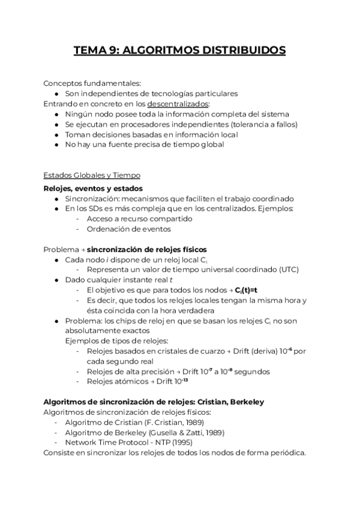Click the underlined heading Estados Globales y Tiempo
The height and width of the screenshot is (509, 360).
92,175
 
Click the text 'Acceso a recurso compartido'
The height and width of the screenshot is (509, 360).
131,218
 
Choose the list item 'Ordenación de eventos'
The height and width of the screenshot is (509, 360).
128,229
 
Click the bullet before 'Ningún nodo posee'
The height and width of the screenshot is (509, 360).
56,113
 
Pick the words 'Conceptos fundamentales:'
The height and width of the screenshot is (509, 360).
92,83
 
